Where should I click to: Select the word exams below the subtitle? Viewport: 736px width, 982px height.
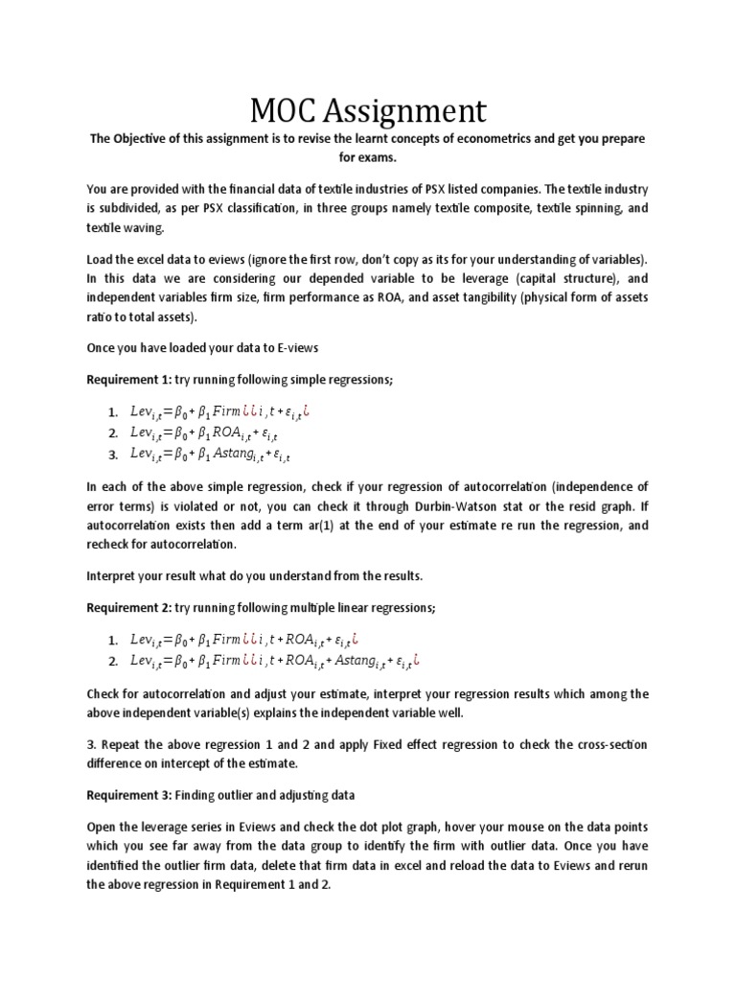point(389,156)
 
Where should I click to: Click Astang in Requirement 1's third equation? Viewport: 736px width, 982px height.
point(233,454)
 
